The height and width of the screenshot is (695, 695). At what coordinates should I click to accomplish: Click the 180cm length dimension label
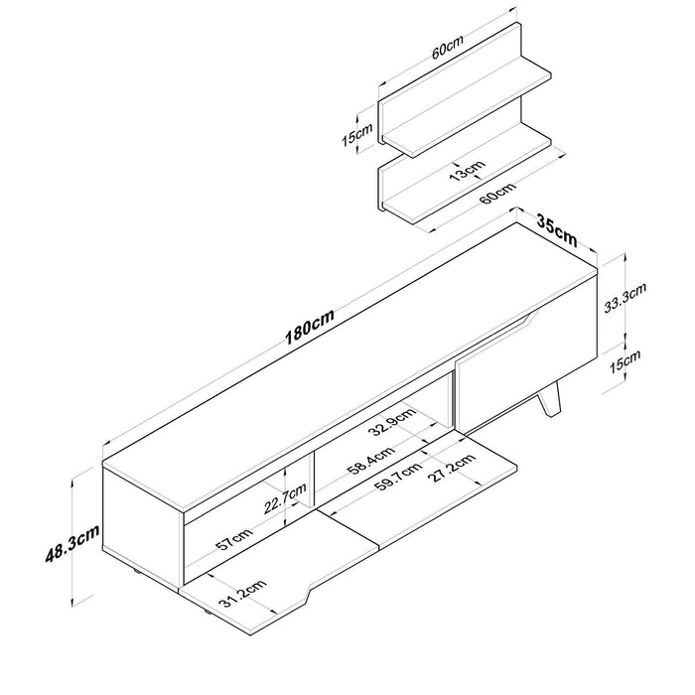309,327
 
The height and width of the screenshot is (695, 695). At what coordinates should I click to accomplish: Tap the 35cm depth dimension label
557,230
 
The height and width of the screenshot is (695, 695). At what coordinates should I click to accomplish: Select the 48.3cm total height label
72,542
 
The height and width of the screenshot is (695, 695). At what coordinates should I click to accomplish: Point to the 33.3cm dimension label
625,298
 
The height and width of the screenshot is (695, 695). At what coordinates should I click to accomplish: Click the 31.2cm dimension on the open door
242,595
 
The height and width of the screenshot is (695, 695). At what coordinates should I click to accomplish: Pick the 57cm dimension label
234,539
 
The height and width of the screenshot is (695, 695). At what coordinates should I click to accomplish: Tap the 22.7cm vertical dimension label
285,497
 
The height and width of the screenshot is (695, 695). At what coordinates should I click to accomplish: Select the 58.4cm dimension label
371,461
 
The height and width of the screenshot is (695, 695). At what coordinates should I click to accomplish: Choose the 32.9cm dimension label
393,422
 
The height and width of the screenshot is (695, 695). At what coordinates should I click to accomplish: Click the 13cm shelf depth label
467,170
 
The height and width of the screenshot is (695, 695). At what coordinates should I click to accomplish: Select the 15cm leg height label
625,361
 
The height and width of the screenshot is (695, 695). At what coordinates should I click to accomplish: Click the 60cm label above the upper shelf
447,46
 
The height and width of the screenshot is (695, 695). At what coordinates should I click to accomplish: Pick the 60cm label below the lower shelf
498,193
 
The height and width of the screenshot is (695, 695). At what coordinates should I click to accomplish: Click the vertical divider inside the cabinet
311,480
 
